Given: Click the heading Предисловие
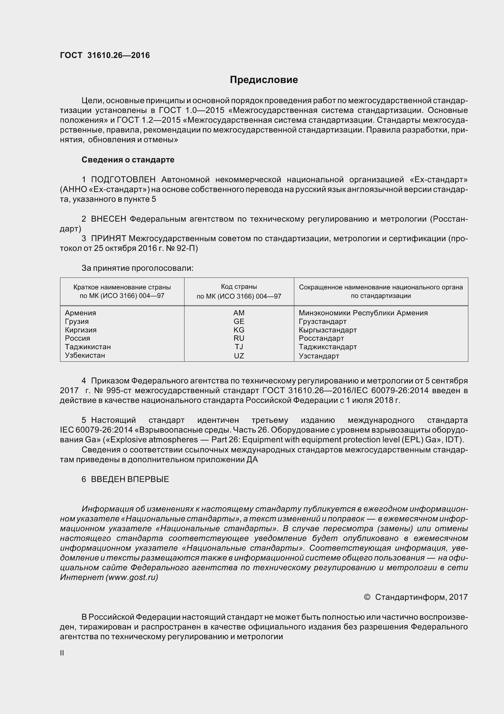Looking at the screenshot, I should pos(264,80).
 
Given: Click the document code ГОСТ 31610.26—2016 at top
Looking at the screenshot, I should pos(105,55).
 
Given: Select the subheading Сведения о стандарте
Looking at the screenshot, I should pos(128,160).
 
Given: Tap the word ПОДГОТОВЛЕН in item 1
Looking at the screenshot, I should pos(123,179).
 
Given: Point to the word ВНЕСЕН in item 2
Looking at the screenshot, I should pos(108,219).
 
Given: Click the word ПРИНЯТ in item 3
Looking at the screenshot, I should pos(108,238).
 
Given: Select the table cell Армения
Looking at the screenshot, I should pos(80,313).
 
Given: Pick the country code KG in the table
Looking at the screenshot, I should pos(239,330).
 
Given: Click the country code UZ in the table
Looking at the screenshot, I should pos(239,356).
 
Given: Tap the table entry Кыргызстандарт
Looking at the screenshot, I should pos(328,330).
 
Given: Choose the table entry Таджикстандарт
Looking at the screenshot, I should pos(328,347).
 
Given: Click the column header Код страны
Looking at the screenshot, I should pos(239,286).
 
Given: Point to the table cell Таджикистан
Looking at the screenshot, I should pos(88,347).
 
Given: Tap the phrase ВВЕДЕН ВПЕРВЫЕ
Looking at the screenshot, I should pos(130,479).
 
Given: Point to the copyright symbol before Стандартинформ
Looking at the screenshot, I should pos(367,597).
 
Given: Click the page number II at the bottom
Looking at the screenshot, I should pos(62,653).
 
